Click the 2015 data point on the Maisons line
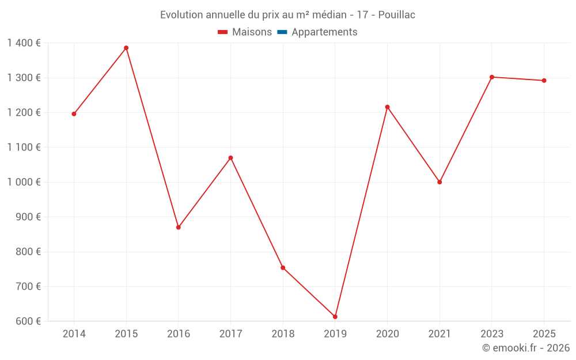point(126,48)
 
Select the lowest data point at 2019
point(335,317)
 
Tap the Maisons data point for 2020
point(387,107)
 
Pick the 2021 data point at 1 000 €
point(439,182)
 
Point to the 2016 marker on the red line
point(179,228)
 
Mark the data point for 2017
point(231,158)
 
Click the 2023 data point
point(492,77)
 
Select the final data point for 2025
point(544,81)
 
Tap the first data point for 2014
point(74,114)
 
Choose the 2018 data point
point(283,268)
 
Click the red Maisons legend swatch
point(222,32)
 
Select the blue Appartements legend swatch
point(282,32)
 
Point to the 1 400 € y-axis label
point(24,43)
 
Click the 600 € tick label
point(28,321)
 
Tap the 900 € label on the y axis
point(28,217)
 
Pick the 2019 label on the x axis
point(335,334)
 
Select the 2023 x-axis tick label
point(492,334)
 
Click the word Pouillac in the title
point(397,15)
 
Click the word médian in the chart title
point(329,15)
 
